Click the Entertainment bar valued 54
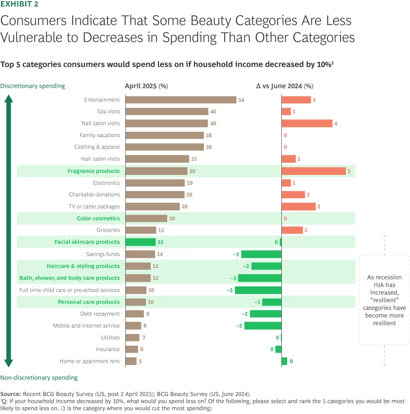181,100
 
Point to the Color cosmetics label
98,218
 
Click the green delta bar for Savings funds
261,254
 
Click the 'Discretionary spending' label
33,85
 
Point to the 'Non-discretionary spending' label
38,378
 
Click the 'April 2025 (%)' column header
146,85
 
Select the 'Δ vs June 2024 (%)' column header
285,85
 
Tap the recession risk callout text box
384,300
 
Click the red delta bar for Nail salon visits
307,123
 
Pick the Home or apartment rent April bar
131,361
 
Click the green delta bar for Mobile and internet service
263,325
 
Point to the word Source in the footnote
12,394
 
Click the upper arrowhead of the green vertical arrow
9,99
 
